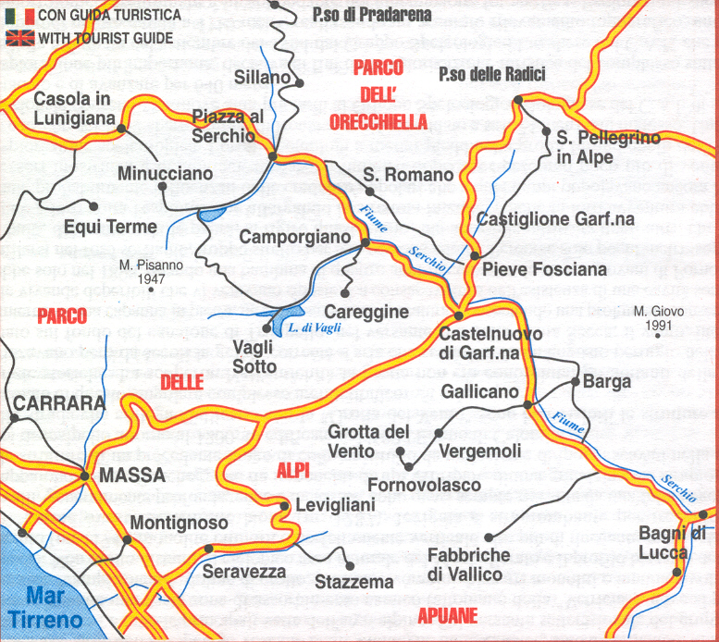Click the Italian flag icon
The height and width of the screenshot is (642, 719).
pos(19,16)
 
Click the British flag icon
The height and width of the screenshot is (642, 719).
pos(19,38)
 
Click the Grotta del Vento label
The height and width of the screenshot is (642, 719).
pos(367,442)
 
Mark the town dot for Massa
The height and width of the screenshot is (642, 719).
pos(84,476)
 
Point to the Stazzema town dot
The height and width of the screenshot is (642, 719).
pos(350,566)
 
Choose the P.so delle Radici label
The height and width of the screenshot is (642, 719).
pos(492,74)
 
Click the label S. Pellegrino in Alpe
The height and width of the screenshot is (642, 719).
pos(608,147)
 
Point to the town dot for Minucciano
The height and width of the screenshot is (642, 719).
pos(162,185)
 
